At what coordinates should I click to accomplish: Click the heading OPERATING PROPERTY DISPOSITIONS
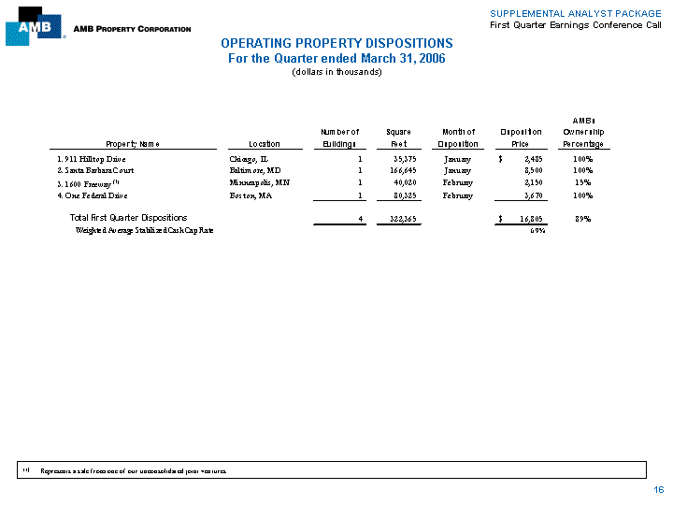pyautogui.click(x=336, y=44)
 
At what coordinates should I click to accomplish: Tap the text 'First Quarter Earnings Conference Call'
pyautogui.click(x=575, y=24)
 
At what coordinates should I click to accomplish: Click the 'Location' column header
pyautogui.click(x=264, y=144)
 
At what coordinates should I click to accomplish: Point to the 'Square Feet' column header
pyautogui.click(x=393, y=138)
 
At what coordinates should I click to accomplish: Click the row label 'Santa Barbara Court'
pyautogui.click(x=98, y=171)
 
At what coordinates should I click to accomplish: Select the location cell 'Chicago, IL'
pyautogui.click(x=249, y=159)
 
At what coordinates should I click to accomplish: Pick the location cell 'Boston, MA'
pyautogui.click(x=251, y=195)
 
